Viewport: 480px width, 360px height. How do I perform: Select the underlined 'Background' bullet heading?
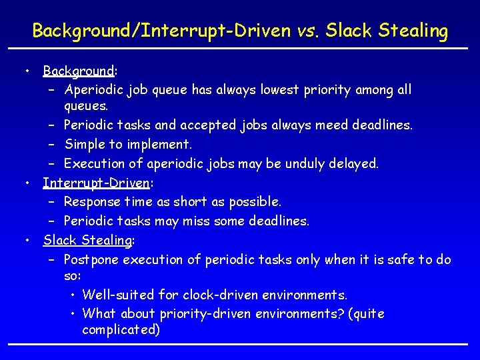tap(79, 71)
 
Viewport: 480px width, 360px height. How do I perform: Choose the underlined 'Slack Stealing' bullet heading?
tap(88, 240)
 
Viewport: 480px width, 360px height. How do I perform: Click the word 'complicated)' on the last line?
tap(121, 330)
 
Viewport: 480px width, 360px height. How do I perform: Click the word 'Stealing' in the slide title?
tap(413, 31)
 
